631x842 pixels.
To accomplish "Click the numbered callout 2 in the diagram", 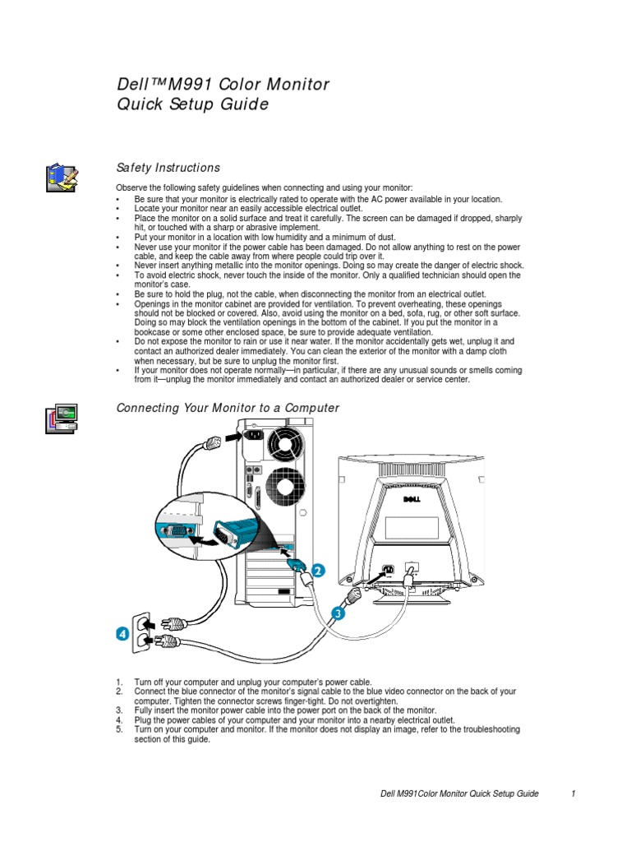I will click(316, 569).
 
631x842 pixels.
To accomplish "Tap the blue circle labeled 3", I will click(339, 611).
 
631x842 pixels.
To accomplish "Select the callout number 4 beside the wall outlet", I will click(122, 633).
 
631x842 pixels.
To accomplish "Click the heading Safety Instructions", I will click(168, 168).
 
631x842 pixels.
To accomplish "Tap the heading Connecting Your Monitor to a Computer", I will click(228, 408).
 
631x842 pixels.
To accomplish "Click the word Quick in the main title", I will click(141, 104).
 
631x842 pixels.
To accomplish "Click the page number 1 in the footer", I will click(572, 793).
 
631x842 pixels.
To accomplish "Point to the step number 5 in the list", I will click(119, 729).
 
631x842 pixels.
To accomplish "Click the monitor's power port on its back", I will click(387, 569).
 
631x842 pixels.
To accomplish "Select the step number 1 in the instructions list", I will click(119, 682).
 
